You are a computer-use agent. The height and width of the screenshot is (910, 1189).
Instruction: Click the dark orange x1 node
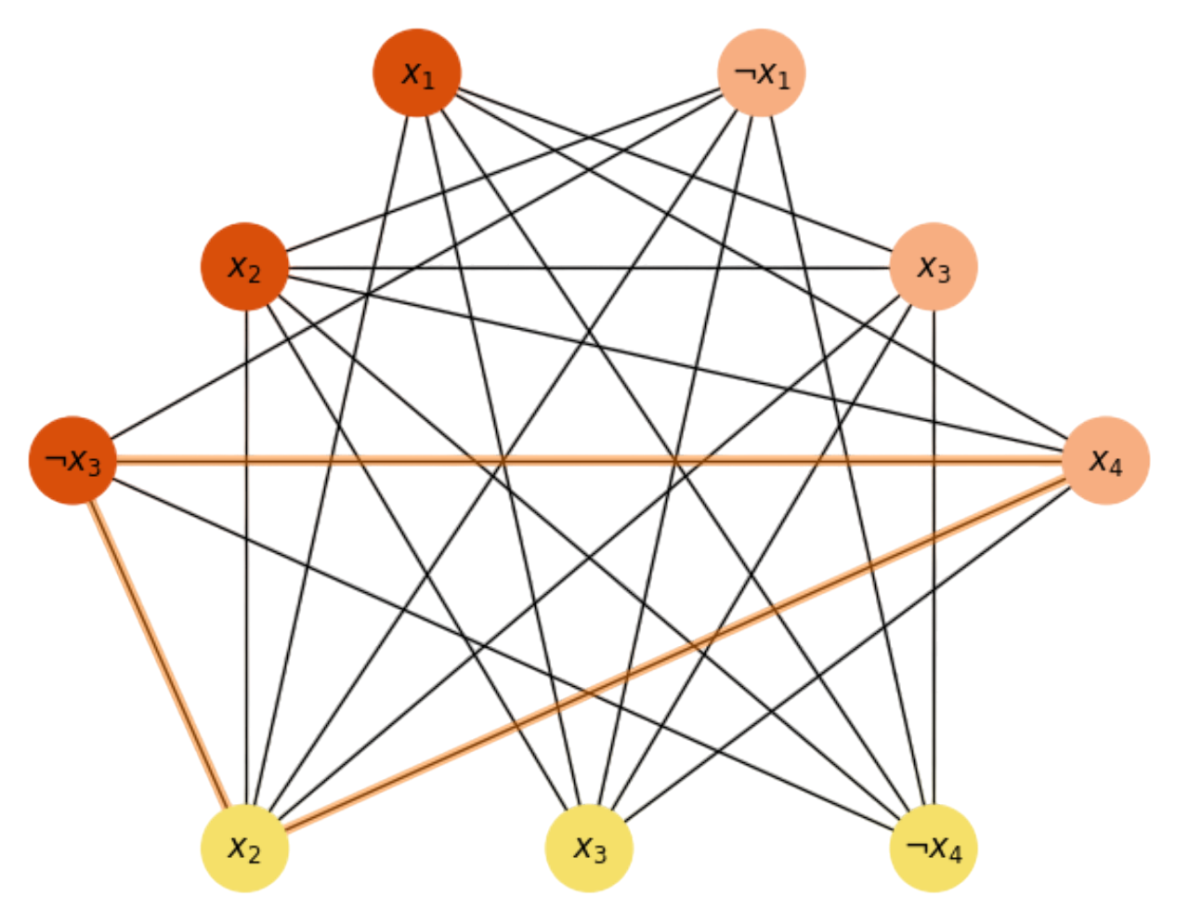(x=417, y=73)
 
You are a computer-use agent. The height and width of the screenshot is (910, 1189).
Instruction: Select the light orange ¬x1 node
(x=761, y=73)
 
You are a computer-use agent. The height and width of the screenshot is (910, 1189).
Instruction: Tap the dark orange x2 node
(x=244, y=268)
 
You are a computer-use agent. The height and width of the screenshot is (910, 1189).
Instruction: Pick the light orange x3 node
(x=934, y=268)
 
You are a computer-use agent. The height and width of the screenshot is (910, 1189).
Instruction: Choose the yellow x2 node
(x=244, y=848)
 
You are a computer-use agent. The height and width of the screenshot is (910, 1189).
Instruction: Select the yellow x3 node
(x=589, y=848)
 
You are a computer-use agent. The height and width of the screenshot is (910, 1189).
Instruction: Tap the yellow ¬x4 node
(x=934, y=848)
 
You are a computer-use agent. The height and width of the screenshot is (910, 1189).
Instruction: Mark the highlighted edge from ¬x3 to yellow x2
(x=159, y=654)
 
